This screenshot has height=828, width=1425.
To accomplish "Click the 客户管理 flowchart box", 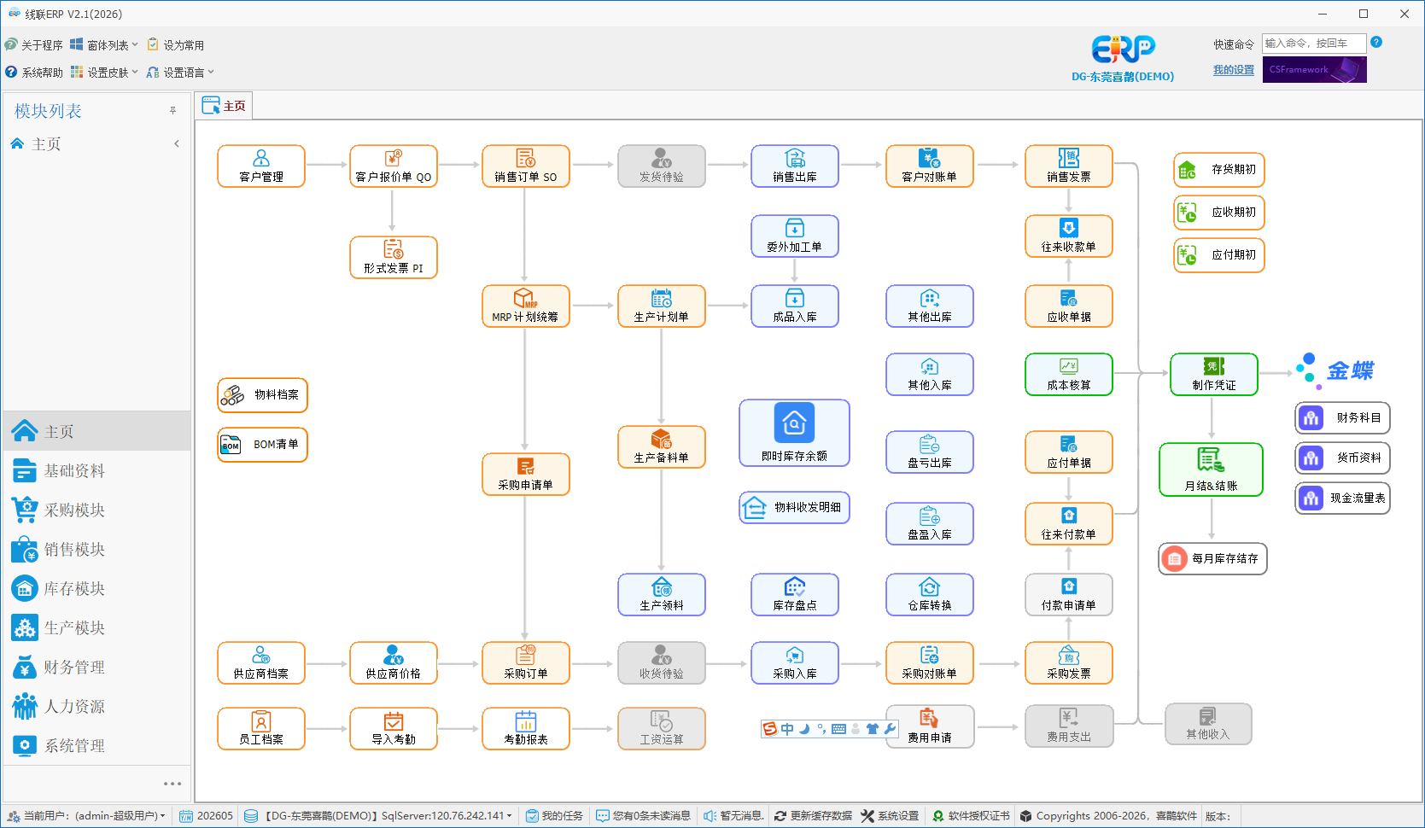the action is pos(261,166).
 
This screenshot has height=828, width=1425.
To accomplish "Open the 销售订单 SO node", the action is pos(525,166).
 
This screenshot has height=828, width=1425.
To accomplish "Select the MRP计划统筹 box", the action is pos(525,306).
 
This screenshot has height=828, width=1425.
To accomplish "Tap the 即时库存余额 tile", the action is pos(794,433).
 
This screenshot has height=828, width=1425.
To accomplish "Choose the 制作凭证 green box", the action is pos(1214,375).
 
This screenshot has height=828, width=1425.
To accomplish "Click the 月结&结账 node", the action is pos(1211,470).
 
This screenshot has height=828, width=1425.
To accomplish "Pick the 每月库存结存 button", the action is pos(1212,558).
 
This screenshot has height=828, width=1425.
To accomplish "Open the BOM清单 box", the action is pos(262,445).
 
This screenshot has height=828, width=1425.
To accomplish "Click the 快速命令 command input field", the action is pos(1314,44).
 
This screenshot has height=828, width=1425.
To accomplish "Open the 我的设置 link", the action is pos(1234,70).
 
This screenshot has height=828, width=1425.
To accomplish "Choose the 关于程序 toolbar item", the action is pos(33,44).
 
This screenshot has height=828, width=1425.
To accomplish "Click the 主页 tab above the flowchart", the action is pos(224,106).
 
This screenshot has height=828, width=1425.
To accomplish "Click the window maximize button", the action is pos(1364,14).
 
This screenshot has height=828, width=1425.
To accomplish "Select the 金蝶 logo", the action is pos(1335,370).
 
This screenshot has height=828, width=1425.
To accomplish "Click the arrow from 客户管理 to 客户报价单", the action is pos(327,165).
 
